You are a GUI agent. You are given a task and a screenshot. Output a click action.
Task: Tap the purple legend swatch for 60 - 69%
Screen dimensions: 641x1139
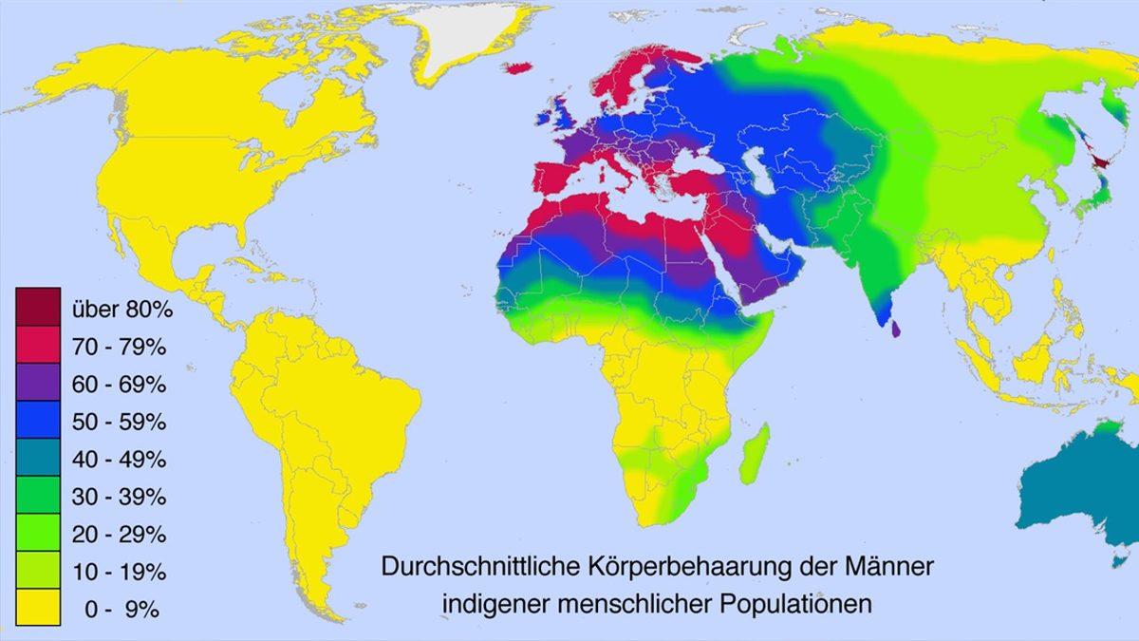point(38,384)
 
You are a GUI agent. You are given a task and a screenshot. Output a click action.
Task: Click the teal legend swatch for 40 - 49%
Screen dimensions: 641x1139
point(38,459)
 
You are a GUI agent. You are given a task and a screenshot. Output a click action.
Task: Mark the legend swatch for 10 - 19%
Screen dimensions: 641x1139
point(38,572)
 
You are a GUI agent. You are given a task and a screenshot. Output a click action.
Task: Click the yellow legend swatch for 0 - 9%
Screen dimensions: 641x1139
point(38,609)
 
